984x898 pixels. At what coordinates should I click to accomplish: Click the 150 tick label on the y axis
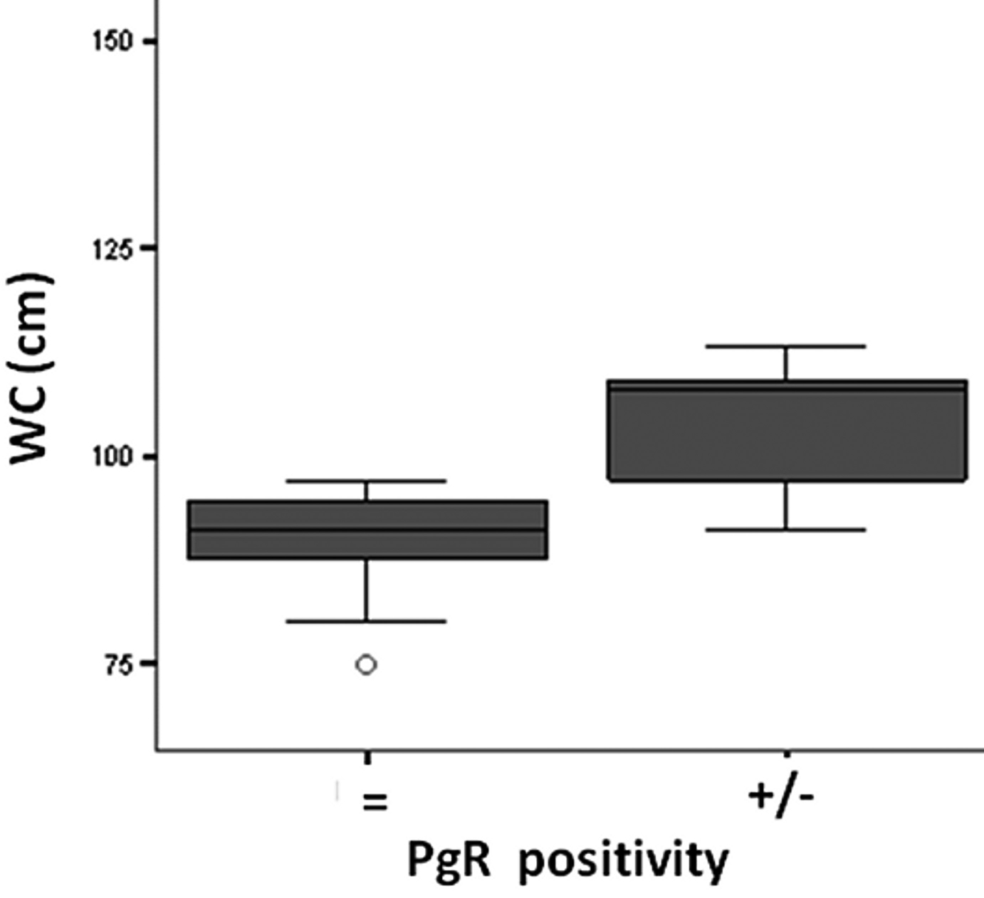[113, 41]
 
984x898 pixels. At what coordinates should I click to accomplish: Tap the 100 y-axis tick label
[113, 456]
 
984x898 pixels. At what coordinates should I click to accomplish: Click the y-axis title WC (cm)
[30, 368]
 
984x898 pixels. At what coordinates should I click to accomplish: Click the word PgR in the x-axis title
[449, 860]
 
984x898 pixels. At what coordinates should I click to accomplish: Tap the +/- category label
[780, 797]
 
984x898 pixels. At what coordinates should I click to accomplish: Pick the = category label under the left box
[375, 803]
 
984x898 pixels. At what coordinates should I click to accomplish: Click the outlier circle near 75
[366, 664]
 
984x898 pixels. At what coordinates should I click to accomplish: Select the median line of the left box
[367, 530]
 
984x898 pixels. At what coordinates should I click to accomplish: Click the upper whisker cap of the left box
[367, 481]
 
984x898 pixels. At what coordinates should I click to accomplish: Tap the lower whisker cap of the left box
[367, 622]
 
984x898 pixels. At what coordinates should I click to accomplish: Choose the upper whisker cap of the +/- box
[787, 347]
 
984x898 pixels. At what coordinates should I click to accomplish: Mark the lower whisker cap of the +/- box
[787, 530]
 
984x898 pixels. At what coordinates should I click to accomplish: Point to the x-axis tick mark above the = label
[367, 756]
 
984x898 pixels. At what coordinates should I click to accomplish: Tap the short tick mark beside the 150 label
[150, 41]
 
